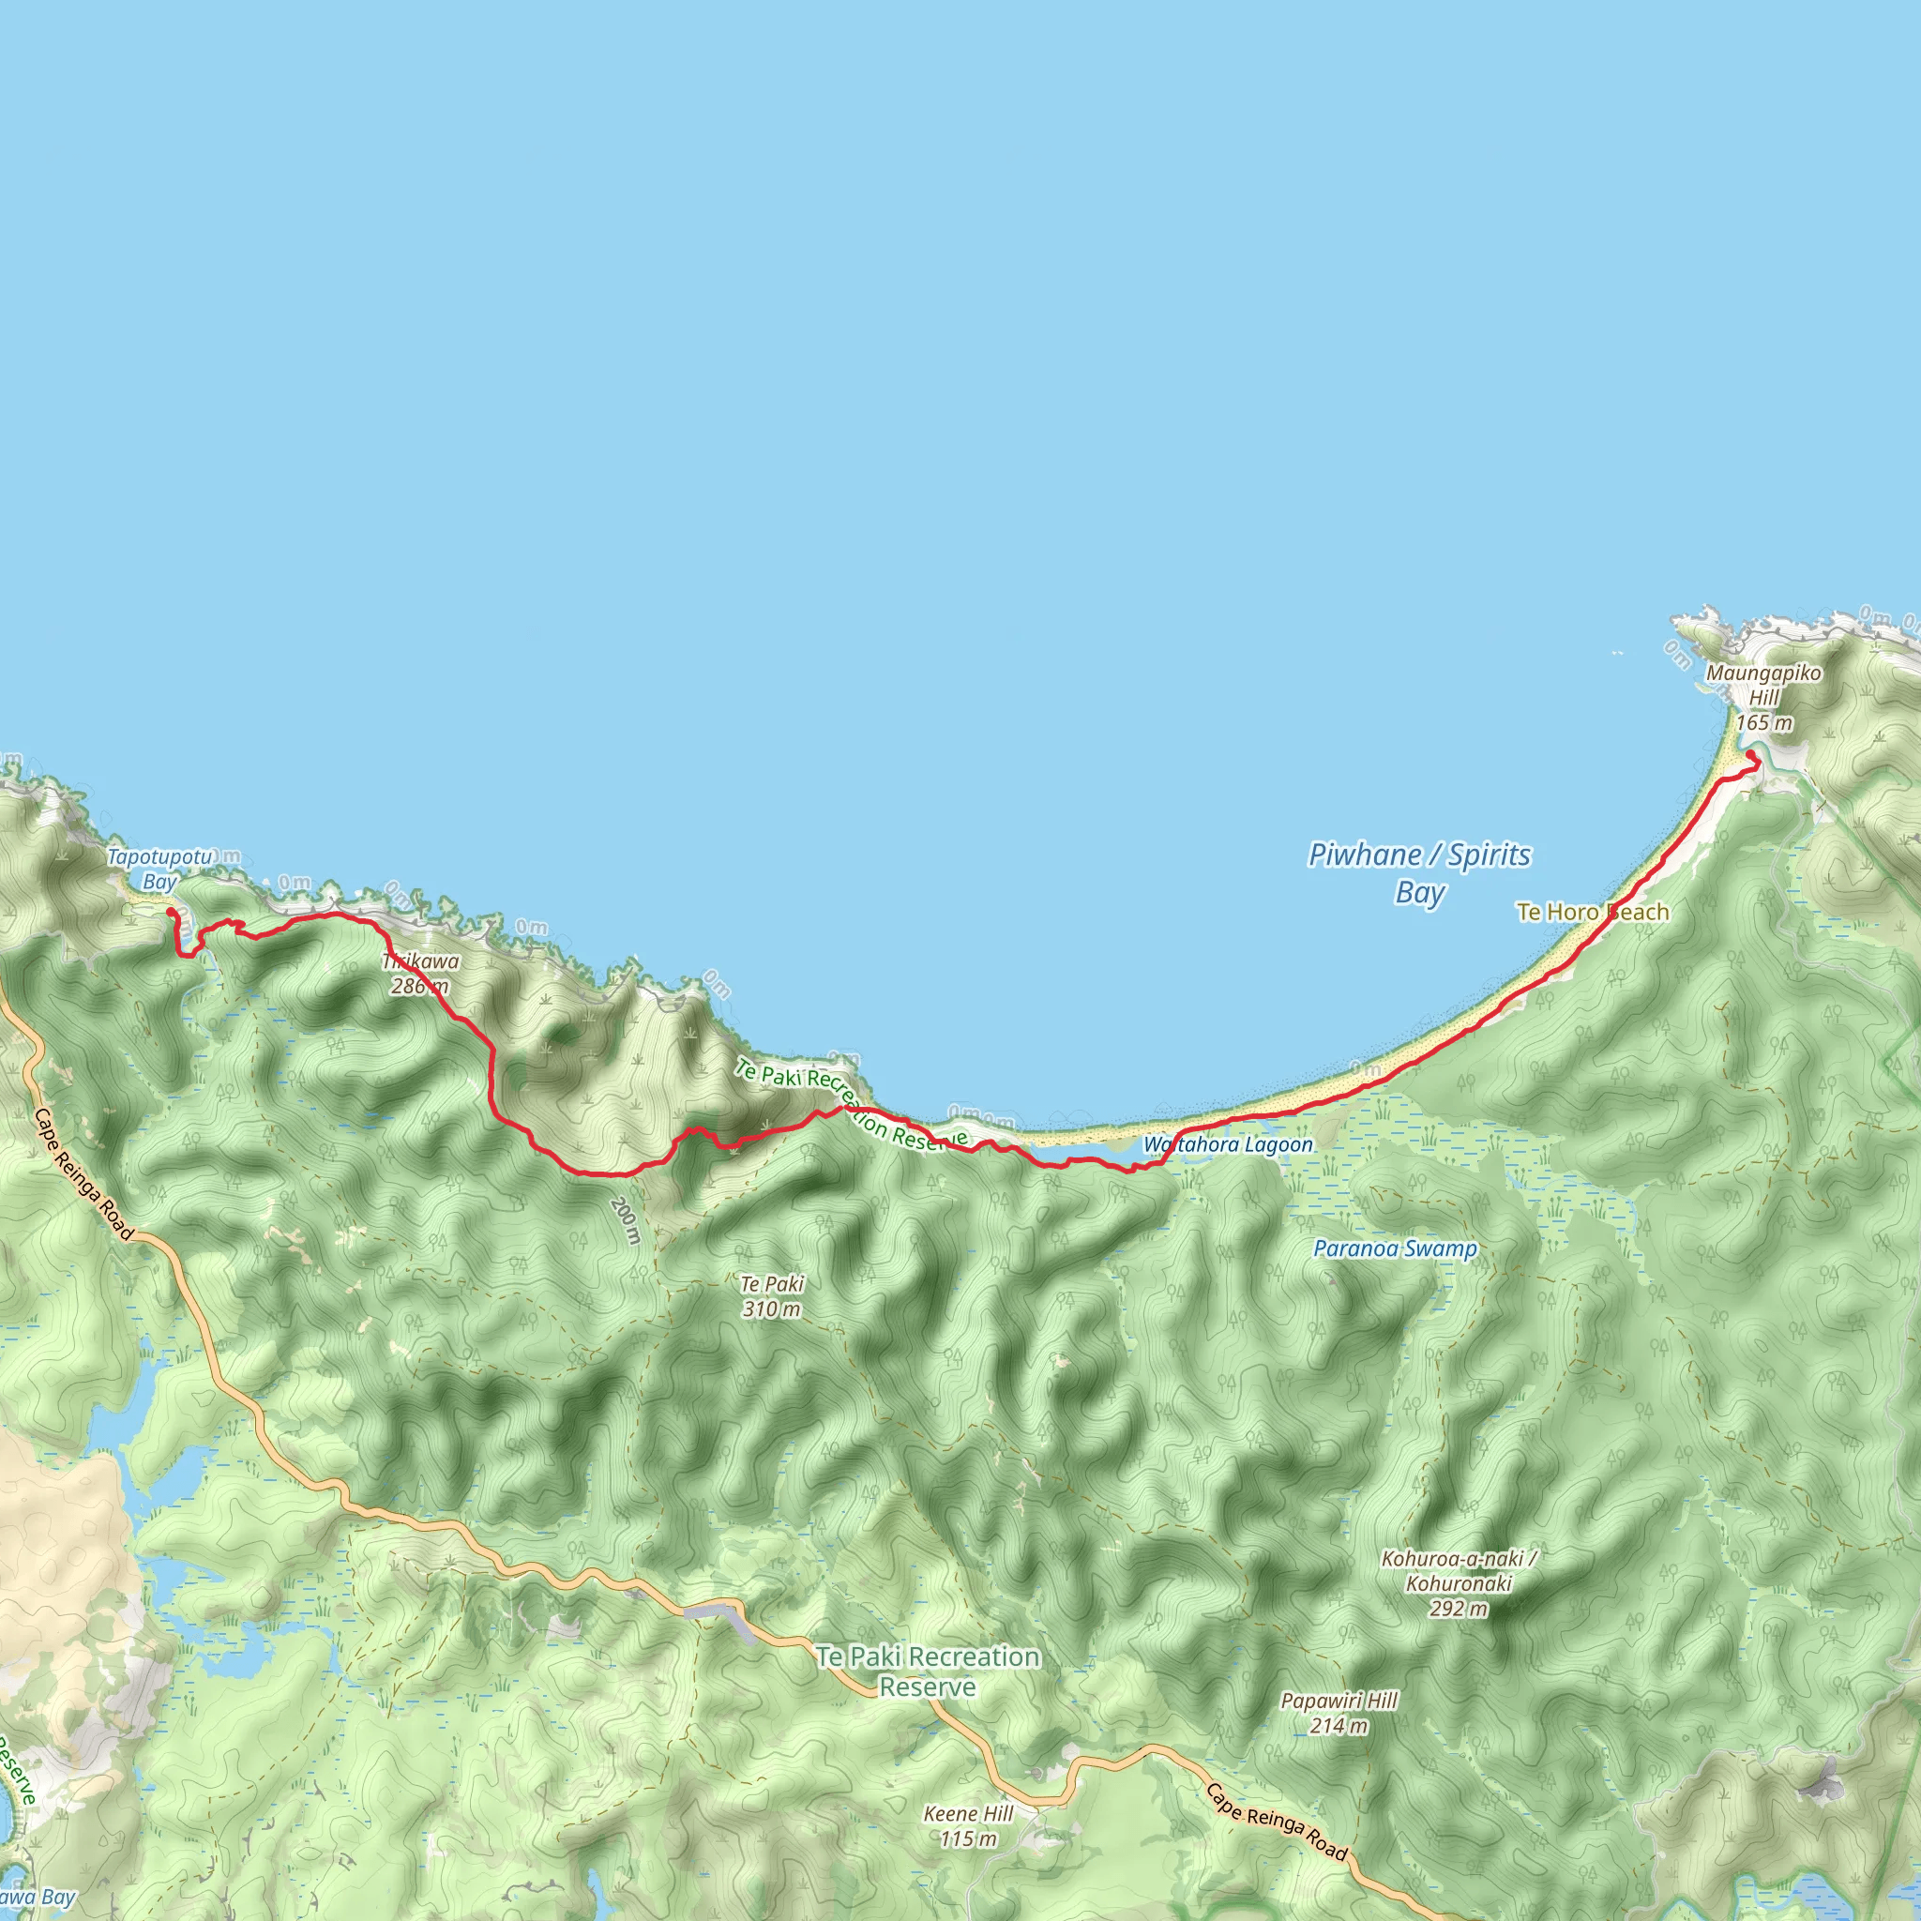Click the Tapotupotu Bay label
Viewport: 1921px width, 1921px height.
coord(159,869)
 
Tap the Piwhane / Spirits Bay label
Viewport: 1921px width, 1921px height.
coord(1419,872)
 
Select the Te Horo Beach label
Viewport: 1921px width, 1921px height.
coord(1592,912)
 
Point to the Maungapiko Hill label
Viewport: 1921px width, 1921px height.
coord(1764,685)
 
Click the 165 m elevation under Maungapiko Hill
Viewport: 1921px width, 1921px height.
coord(1764,723)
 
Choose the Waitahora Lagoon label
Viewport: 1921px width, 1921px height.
coord(1228,1144)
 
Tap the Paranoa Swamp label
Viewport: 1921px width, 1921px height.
coord(1395,1248)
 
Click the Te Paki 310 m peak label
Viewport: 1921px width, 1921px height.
coord(772,1296)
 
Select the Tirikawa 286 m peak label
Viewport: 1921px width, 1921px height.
coord(419,974)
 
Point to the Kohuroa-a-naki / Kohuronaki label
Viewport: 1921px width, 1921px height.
coord(1459,1571)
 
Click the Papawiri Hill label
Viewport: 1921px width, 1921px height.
coord(1339,1702)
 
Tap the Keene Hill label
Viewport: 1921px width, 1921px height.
coord(968,1814)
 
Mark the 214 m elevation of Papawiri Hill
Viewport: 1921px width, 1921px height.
coord(1339,1726)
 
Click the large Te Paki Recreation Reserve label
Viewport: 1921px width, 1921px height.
coord(928,1671)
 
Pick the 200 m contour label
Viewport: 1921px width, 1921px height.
coord(626,1220)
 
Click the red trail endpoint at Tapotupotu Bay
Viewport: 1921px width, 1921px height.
coord(171,912)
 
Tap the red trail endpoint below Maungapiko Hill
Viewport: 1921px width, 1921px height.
coord(1751,756)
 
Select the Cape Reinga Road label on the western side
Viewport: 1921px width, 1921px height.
coord(83,1174)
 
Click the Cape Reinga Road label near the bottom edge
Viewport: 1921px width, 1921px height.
coord(1277,1822)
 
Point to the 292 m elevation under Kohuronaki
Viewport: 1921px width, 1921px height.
coord(1459,1609)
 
